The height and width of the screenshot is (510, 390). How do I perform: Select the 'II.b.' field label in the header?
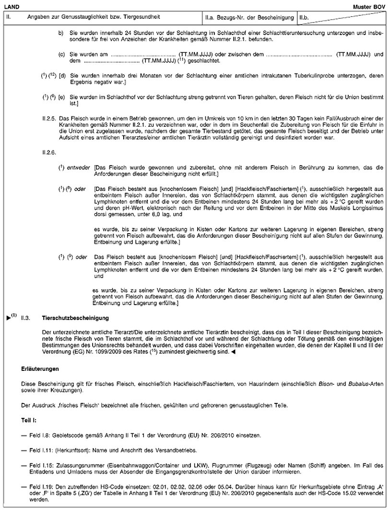pyautogui.click(x=304, y=18)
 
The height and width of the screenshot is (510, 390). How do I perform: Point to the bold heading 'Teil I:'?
pyautogui.click(x=29, y=420)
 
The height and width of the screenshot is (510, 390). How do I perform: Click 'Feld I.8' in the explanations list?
pyautogui.click(x=40, y=435)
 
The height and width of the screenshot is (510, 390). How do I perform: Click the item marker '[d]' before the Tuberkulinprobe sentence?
pyautogui.click(x=62, y=76)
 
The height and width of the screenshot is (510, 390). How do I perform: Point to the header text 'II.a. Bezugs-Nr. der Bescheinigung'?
pyautogui.click(x=249, y=18)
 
